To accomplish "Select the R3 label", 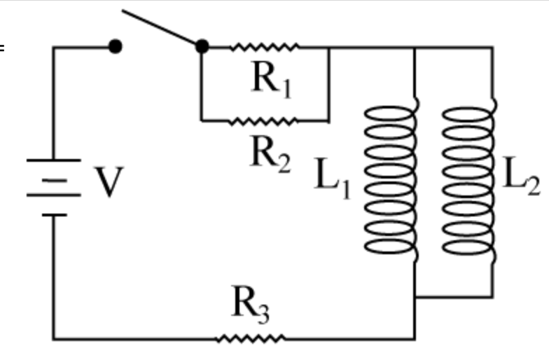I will [250, 305].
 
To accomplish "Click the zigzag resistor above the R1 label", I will [265, 48].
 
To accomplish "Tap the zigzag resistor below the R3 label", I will [251, 339].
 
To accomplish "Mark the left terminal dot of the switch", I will [116, 47].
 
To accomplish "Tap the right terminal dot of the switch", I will [202, 47].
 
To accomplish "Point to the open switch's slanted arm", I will [161, 28].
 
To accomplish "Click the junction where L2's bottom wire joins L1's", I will [415, 297].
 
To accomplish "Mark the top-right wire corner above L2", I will [492, 48].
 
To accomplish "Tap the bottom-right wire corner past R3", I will [415, 339].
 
